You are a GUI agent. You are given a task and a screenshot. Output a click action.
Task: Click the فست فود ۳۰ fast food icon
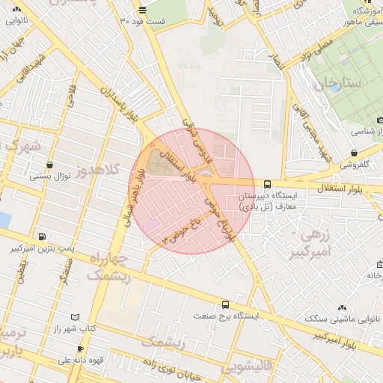143,10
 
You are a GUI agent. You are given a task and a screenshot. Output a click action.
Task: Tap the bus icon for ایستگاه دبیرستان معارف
267,183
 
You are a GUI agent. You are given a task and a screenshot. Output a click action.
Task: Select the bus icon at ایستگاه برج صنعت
225,304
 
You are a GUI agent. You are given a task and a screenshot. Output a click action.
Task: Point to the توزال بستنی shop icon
49,165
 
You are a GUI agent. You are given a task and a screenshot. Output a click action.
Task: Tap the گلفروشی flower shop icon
353,153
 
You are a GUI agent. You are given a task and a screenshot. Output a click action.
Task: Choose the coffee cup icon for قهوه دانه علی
79,349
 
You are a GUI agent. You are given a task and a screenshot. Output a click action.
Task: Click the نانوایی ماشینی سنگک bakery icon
342,307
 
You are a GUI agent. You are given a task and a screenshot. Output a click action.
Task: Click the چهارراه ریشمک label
108,267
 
